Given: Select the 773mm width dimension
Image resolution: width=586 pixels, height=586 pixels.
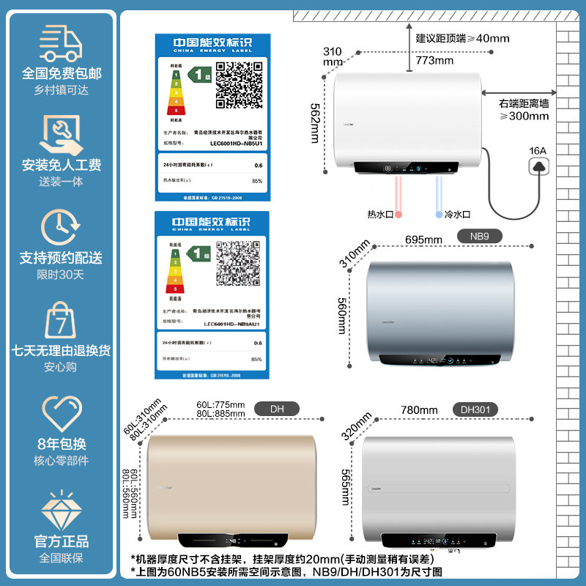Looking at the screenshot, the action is tap(434, 60).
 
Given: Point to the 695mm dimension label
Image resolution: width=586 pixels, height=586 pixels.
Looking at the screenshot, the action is tap(423, 240).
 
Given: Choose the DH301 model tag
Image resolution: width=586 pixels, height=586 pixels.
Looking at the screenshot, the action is tap(476, 409).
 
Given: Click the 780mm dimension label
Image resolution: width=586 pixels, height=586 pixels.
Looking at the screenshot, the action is tap(419, 410).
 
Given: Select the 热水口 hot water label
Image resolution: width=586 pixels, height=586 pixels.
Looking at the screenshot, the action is tap(380, 215).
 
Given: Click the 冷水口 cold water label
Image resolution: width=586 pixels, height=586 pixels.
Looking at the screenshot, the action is tap(459, 215).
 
